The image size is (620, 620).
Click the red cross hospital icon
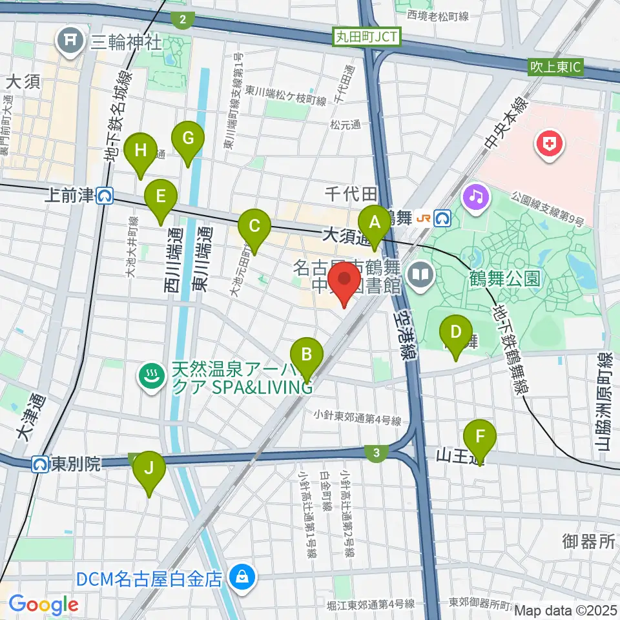click(548, 144)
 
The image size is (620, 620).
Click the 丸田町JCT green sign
click(367, 37)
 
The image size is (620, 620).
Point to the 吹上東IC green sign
click(555, 67)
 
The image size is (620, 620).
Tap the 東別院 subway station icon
click(41, 464)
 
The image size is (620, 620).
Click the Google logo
click(44, 604)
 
